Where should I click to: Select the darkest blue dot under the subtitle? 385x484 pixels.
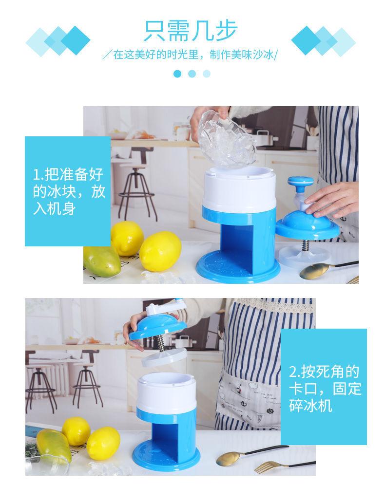click(177, 74)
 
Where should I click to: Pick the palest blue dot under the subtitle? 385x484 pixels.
click(207, 74)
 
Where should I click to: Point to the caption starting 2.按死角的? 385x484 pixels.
click(325, 388)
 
